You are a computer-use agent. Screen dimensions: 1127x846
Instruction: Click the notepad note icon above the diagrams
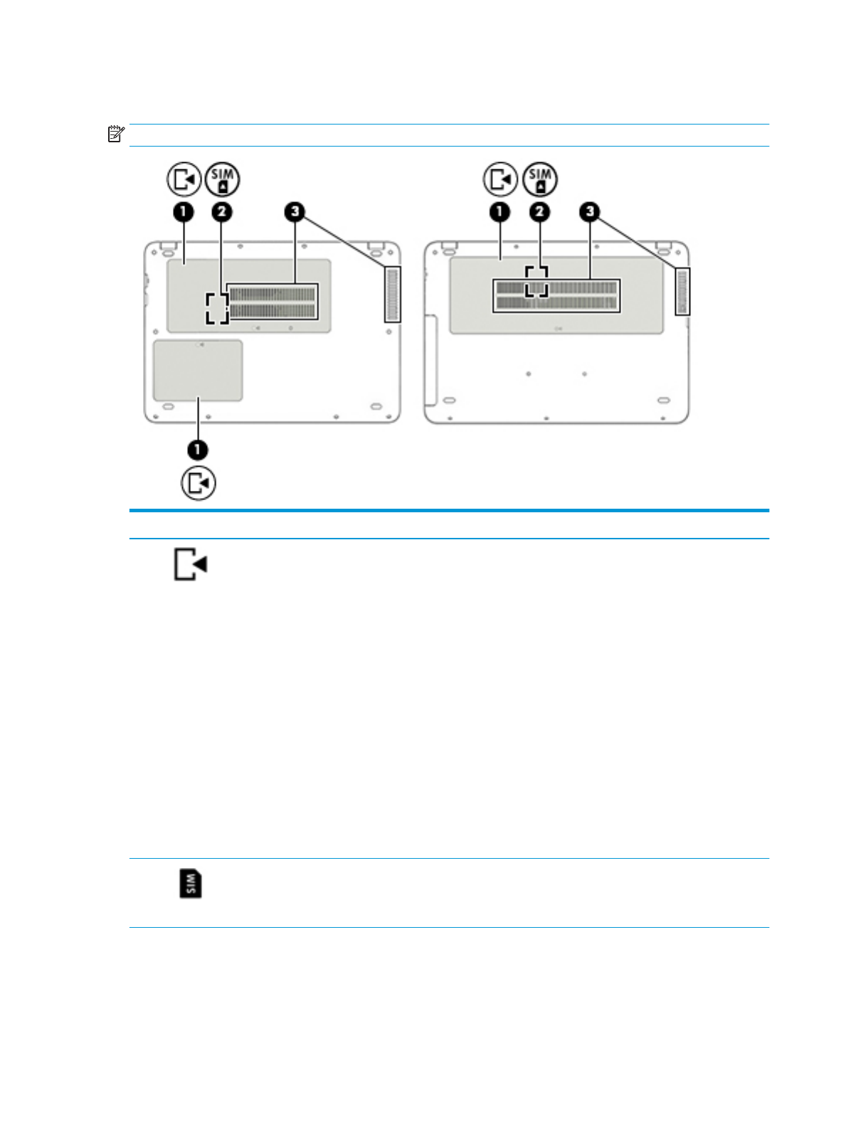coord(116,134)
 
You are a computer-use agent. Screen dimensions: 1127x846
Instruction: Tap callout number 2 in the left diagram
coord(222,211)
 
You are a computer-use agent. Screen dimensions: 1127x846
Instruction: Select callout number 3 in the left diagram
coord(295,211)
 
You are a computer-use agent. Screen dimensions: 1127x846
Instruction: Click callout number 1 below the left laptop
coord(198,450)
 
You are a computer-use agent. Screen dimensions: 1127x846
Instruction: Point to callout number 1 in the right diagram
coord(500,211)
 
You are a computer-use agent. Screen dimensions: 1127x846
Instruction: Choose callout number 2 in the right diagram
coord(539,211)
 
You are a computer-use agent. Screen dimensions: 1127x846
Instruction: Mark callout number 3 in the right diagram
coord(590,211)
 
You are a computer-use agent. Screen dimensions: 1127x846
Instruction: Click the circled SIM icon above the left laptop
coord(223,179)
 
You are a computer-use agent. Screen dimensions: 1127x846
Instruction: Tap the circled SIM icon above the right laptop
coord(540,179)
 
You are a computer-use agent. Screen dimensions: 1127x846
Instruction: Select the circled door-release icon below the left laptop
coord(199,483)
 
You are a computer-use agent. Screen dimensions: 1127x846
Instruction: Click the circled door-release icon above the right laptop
coord(501,179)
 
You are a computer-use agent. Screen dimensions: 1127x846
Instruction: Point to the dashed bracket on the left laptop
coord(217,308)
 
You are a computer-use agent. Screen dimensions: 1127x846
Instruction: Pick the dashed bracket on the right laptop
coord(536,281)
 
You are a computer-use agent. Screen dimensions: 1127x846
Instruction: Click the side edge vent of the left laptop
coord(393,294)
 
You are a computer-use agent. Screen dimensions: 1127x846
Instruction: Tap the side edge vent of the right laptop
coord(682,292)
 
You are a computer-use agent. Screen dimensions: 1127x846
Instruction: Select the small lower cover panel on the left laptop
coord(198,370)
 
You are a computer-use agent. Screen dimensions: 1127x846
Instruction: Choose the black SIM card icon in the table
coord(191,883)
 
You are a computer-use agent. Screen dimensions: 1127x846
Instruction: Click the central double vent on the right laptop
coord(556,295)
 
